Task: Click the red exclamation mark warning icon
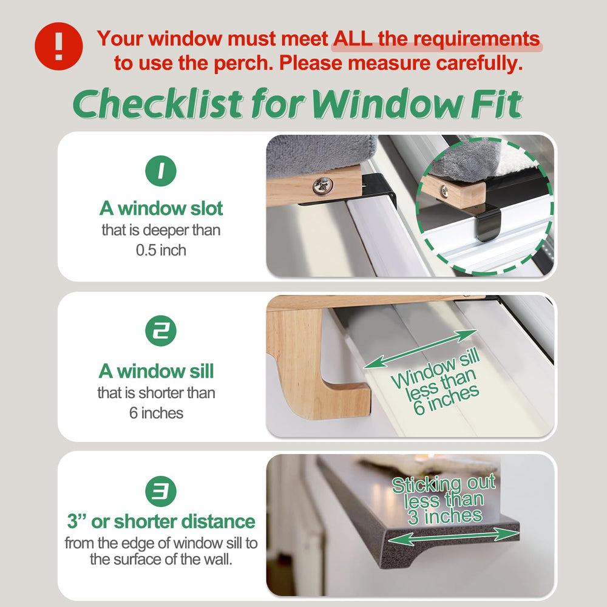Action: pyautogui.click(x=58, y=46)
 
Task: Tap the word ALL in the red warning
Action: pyautogui.click(x=353, y=39)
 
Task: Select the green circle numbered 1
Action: pyautogui.click(x=161, y=171)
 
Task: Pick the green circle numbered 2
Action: pyautogui.click(x=161, y=331)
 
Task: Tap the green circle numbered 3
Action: pyautogui.click(x=161, y=491)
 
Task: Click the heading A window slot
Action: pyautogui.click(x=161, y=208)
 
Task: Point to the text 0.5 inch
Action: pyautogui.click(x=161, y=250)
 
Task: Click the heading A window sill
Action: pyautogui.click(x=156, y=371)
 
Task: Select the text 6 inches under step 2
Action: pyautogui.click(x=156, y=413)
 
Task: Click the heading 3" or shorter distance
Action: pyautogui.click(x=161, y=521)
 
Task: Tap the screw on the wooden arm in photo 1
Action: pyautogui.click(x=323, y=186)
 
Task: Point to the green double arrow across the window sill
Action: pyautogui.click(x=421, y=349)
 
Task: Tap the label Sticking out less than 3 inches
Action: pyautogui.click(x=444, y=500)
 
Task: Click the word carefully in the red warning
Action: pyautogui.click(x=480, y=63)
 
